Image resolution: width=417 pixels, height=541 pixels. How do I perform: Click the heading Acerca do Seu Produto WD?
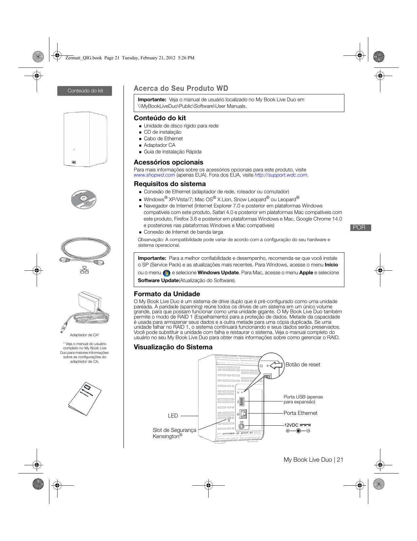pyautogui.click(x=181, y=88)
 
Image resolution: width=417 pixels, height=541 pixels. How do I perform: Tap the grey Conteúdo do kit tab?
pyautogui.click(x=85, y=91)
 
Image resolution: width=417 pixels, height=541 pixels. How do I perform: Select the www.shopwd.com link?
pyautogui.click(x=154, y=175)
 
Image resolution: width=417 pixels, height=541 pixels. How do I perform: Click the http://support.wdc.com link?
pyautogui.click(x=281, y=175)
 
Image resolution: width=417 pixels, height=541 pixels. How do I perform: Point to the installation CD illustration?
pyautogui.click(x=84, y=199)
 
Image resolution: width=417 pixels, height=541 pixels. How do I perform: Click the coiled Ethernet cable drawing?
pyautogui.click(x=85, y=250)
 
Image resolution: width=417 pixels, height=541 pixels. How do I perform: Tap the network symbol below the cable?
pyautogui.click(x=84, y=270)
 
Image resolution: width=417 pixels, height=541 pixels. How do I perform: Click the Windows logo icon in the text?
pyautogui.click(x=166, y=273)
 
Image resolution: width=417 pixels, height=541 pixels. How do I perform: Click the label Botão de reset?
pyautogui.click(x=303, y=365)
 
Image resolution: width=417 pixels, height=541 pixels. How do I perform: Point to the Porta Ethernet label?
pyautogui.click(x=300, y=413)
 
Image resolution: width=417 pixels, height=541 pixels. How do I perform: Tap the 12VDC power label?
pyautogui.click(x=291, y=425)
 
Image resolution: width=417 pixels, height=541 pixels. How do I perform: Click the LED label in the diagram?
pyautogui.click(x=173, y=416)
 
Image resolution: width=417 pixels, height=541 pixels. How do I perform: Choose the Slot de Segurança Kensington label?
pyautogui.click(x=174, y=433)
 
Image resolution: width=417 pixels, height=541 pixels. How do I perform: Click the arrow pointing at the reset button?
pyautogui.click(x=276, y=365)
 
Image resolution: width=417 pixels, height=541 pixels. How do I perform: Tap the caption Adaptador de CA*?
pyautogui.click(x=84, y=335)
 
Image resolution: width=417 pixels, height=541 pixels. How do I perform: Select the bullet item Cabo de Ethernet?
pyautogui.click(x=163, y=139)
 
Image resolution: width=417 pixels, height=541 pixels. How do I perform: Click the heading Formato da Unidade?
pyautogui.click(x=167, y=294)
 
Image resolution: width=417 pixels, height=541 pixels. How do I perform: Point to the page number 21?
pyautogui.click(x=340, y=460)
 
